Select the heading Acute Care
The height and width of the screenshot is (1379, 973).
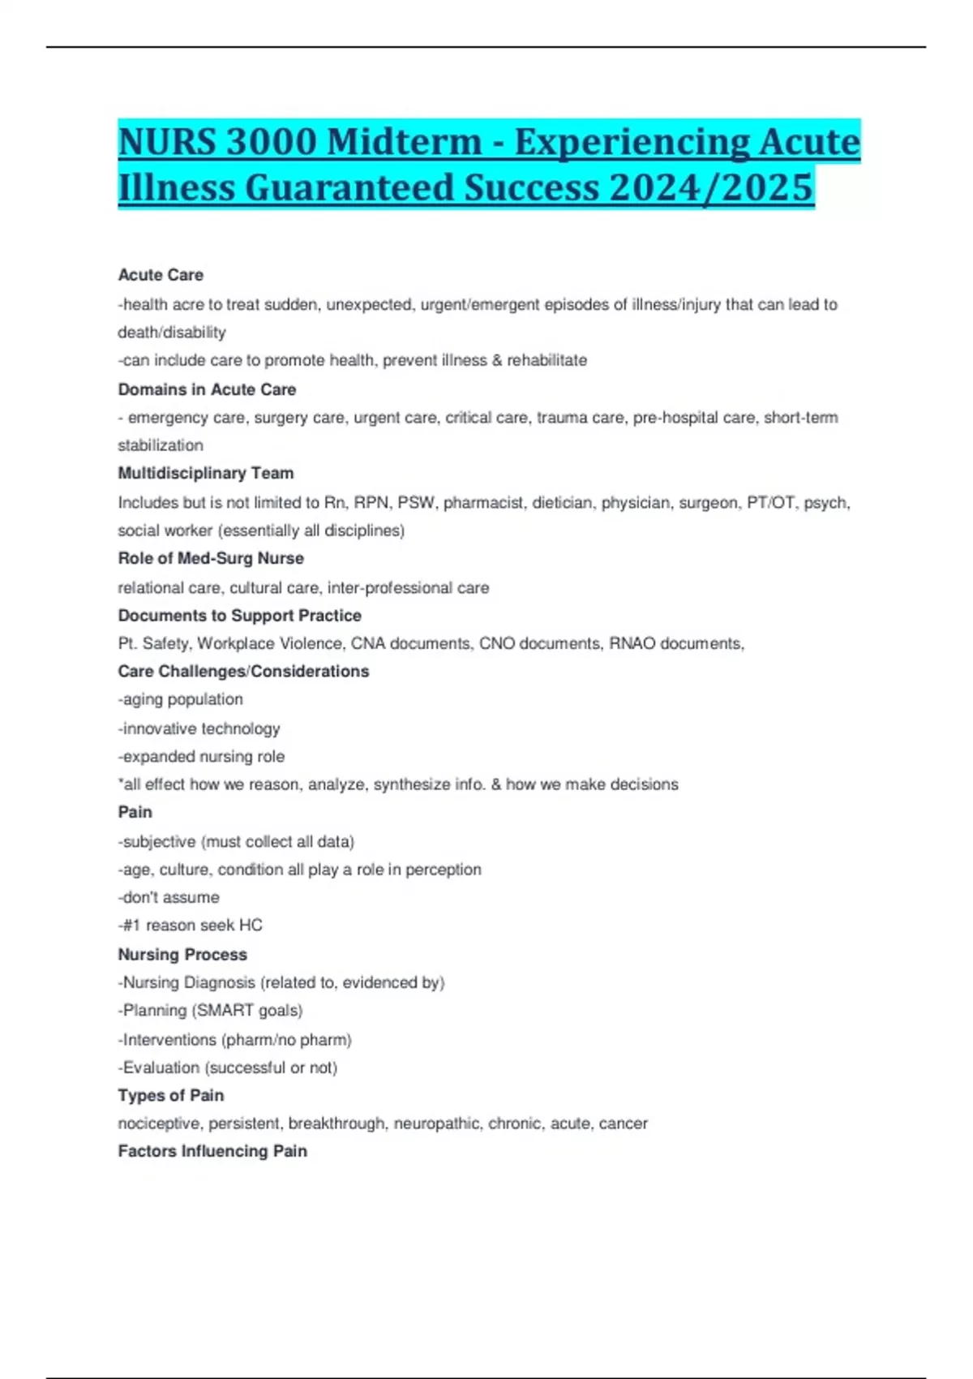[x=161, y=275]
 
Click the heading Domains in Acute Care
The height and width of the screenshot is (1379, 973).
[x=207, y=389]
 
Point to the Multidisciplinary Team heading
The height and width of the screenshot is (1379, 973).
[x=206, y=473]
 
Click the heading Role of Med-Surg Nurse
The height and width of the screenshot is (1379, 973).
[x=211, y=558]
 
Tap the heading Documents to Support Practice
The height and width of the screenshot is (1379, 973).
[x=239, y=616]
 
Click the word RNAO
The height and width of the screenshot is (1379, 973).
[x=633, y=643]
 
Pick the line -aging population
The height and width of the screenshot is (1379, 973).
[x=181, y=699]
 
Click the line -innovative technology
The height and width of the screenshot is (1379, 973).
[x=199, y=728]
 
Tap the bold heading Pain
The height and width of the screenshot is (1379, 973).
[x=135, y=812]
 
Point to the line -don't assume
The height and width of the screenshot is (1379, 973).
[x=169, y=897]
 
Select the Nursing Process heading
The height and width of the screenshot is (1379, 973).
[x=182, y=955]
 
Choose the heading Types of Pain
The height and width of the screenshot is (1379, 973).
[x=171, y=1095]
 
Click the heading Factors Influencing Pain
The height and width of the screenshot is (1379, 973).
[x=212, y=1151]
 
